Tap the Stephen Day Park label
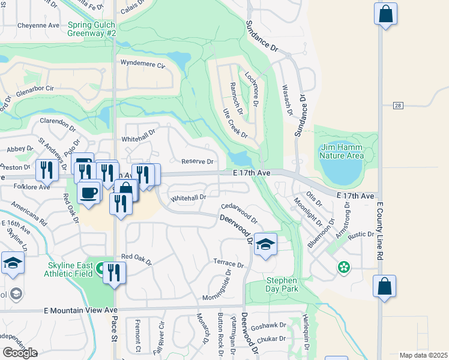click(x=282, y=284)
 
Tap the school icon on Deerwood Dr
click(x=265, y=245)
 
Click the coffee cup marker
click(x=89, y=193)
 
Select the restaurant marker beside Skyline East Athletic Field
click(x=113, y=273)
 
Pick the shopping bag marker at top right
click(x=385, y=14)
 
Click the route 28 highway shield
click(x=398, y=106)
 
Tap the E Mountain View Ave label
click(x=80, y=310)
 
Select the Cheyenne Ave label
click(x=38, y=26)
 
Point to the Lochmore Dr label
click(x=252, y=89)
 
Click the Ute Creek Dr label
click(x=235, y=123)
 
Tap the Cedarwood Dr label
click(x=239, y=212)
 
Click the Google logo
click(x=20, y=353)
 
